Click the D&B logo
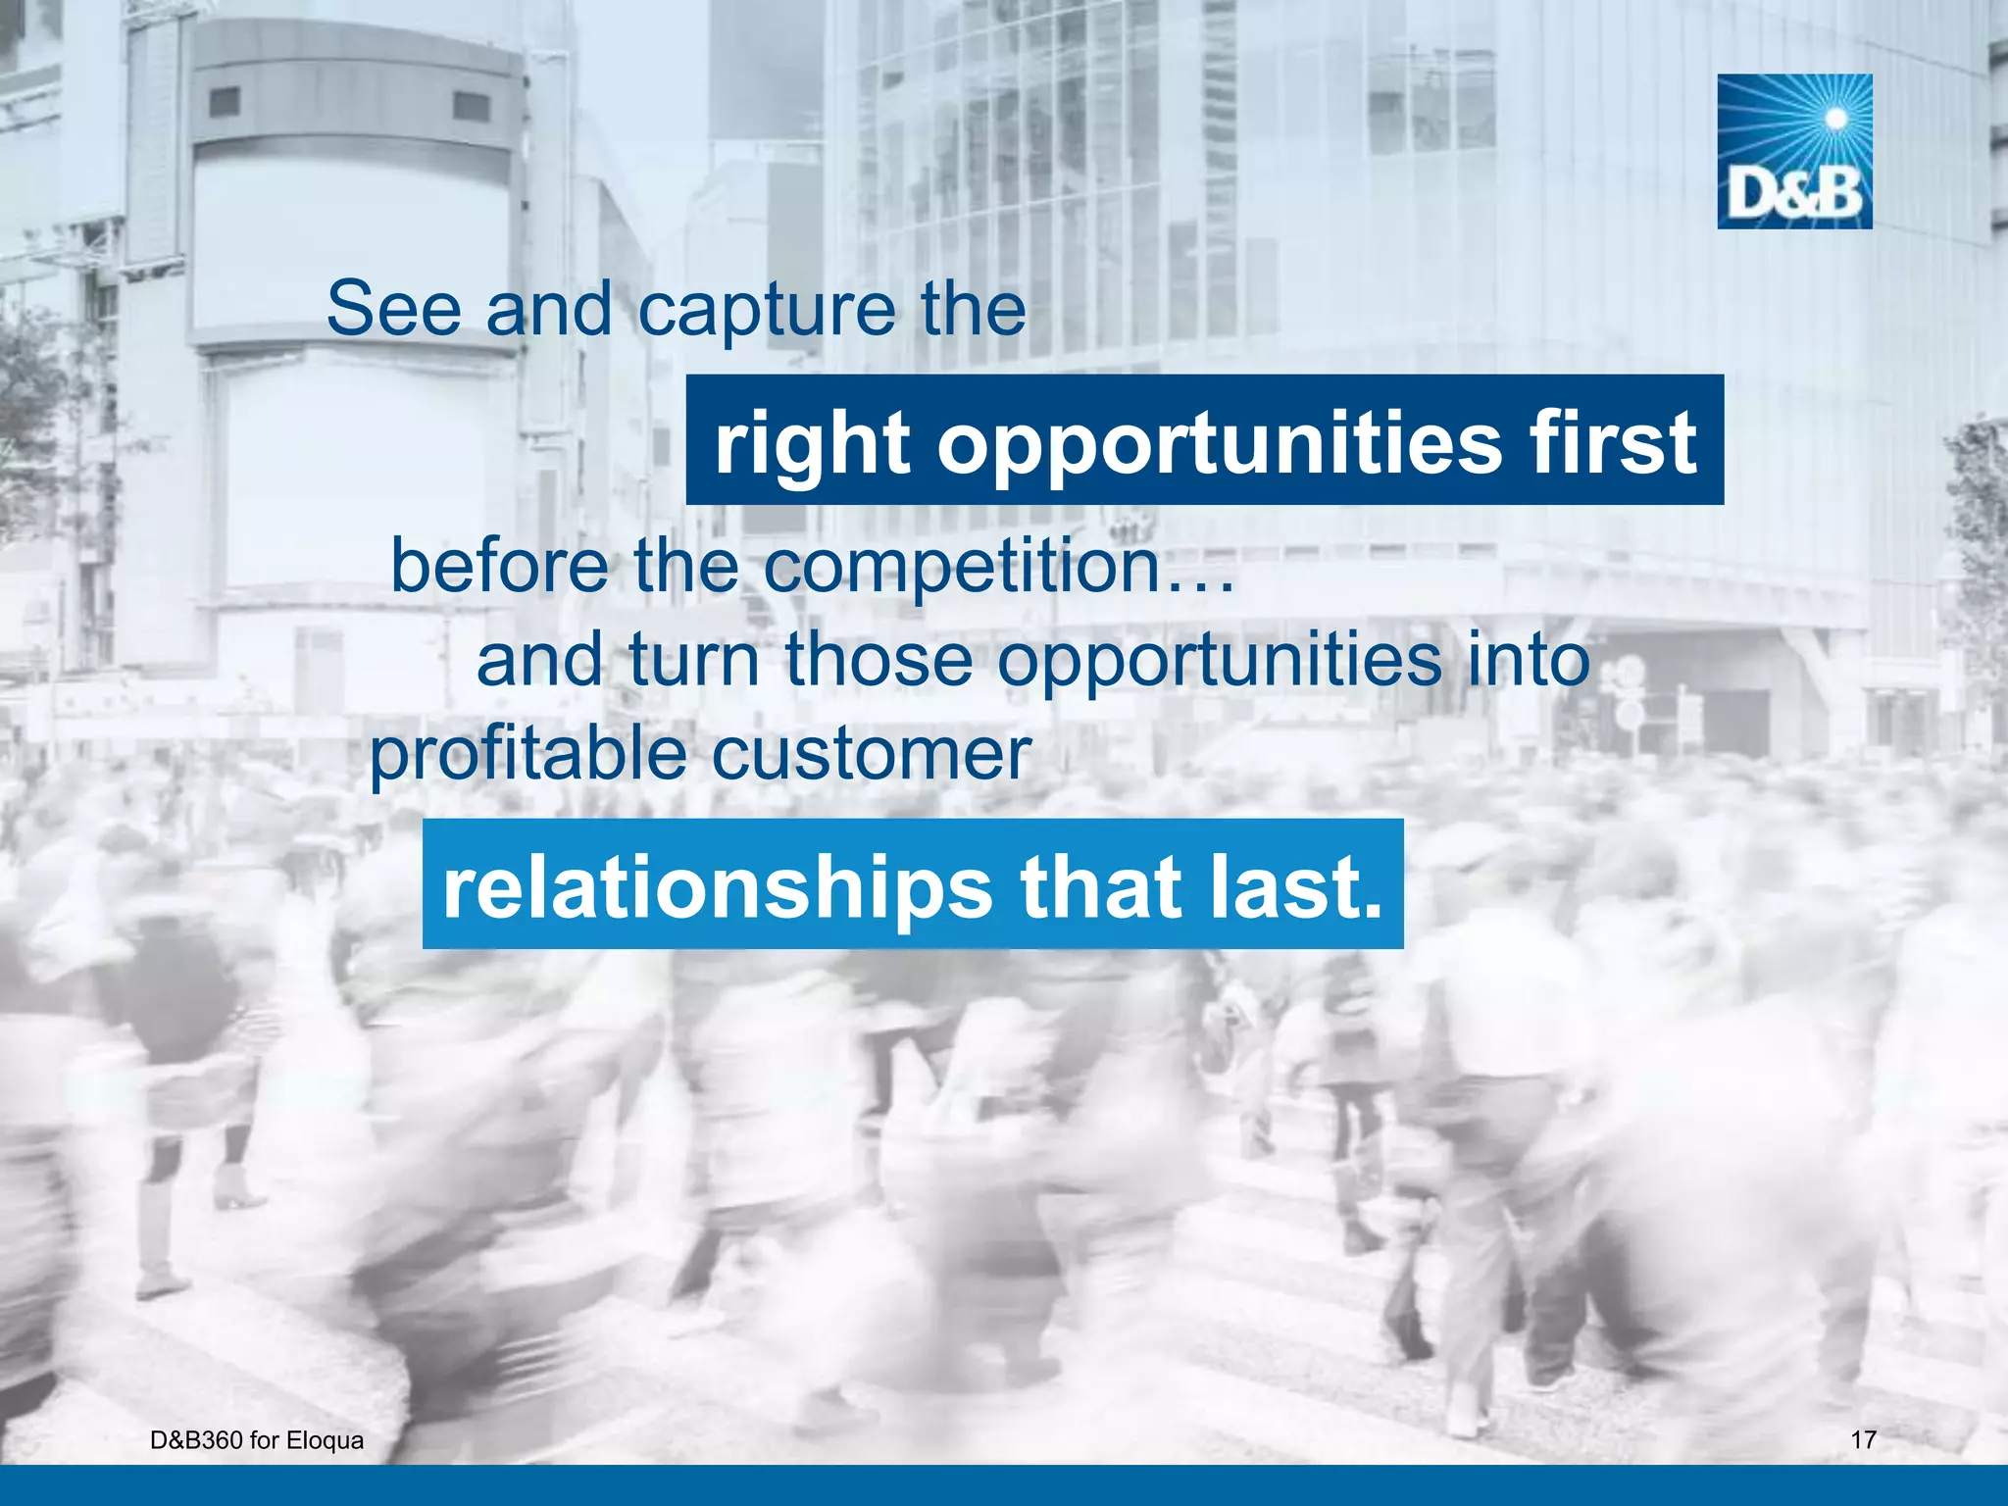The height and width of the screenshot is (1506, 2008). pyautogui.click(x=1794, y=152)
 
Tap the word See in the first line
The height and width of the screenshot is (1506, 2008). pyautogui.click(x=393, y=309)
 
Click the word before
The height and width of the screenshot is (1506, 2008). pyautogui.click(x=499, y=566)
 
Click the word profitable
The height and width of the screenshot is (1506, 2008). pyautogui.click(x=527, y=755)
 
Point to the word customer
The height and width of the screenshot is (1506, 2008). pyautogui.click(x=871, y=755)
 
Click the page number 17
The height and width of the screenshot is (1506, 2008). pyautogui.click(x=1863, y=1440)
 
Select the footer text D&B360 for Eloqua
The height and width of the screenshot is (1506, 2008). pyautogui.click(x=257, y=1440)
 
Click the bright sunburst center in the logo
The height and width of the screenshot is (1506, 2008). pyautogui.click(x=1836, y=120)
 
